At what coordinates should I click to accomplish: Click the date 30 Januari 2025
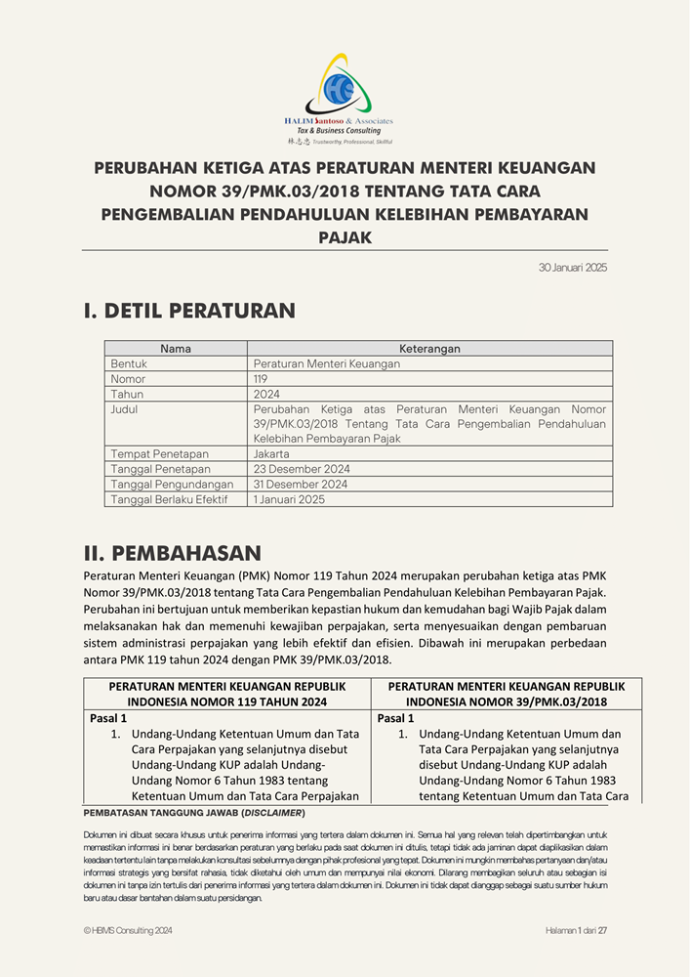573,268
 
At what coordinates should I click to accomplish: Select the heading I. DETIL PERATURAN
189,311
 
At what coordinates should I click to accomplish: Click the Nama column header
176,349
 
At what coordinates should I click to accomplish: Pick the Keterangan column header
429,349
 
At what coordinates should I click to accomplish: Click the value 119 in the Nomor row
261,379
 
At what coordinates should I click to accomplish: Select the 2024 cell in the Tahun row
266,394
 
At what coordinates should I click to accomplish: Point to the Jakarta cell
271,454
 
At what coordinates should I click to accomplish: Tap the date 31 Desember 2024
301,485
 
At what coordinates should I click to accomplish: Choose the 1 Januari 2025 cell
289,499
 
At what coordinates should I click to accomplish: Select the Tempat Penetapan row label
159,454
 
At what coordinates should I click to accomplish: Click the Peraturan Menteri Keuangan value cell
313,363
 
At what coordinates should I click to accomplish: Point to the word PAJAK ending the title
345,236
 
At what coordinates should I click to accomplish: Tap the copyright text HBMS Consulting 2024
128,931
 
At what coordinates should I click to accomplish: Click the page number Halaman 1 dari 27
576,931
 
